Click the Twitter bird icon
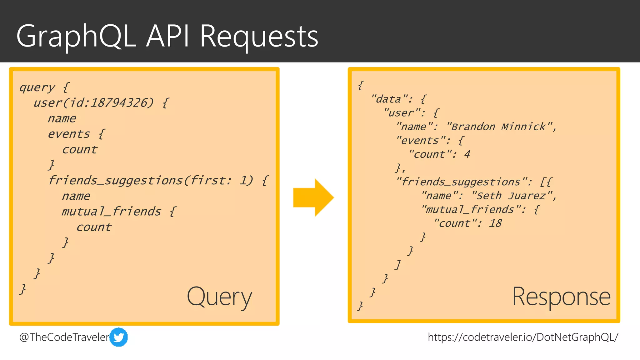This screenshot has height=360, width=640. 119,337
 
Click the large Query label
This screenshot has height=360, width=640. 219,297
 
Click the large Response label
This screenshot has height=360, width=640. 561,297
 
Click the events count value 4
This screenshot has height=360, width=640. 467,154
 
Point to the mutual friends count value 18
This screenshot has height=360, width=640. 495,223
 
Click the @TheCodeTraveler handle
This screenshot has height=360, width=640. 64,337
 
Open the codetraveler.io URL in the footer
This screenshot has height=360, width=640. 523,337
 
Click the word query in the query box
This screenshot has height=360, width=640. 37,87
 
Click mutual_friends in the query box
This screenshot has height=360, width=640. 111,212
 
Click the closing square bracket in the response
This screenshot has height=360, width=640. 397,265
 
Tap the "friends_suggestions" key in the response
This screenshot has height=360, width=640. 461,182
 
